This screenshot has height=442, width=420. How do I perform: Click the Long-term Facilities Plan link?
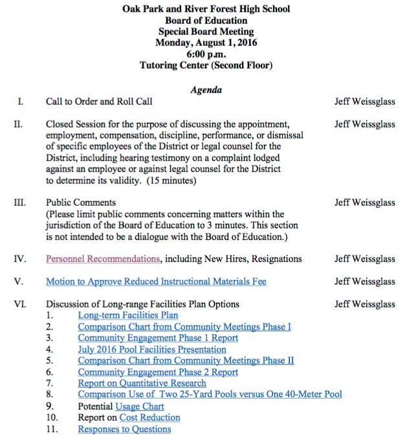[x=127, y=315]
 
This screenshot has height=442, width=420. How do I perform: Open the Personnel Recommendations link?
[x=103, y=259]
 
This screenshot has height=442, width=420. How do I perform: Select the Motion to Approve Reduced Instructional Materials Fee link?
[x=156, y=282]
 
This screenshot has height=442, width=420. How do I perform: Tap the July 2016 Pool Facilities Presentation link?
[x=152, y=349]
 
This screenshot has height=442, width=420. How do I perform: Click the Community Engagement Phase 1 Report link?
[x=158, y=338]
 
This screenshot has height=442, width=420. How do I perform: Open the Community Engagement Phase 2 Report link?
[x=158, y=372]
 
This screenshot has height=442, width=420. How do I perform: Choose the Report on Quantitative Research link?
[x=142, y=383]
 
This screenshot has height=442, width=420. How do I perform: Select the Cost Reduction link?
[x=150, y=417]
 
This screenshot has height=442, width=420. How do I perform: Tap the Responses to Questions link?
[x=124, y=429]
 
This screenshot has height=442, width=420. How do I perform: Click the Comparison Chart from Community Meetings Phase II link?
[x=186, y=360]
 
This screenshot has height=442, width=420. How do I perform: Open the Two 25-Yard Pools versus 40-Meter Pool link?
[x=210, y=394]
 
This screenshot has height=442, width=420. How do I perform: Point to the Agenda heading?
[x=206, y=90]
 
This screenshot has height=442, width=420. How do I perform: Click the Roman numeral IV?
[x=19, y=259]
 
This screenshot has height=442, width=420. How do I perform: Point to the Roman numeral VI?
[x=19, y=304]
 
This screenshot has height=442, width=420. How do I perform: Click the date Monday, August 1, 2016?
[x=206, y=43]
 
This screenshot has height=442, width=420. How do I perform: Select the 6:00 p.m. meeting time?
[x=206, y=54]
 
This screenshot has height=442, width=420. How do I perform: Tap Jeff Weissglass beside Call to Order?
[x=364, y=102]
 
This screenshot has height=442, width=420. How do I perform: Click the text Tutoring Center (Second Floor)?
[x=206, y=65]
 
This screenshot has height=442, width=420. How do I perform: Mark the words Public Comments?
[x=81, y=203]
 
